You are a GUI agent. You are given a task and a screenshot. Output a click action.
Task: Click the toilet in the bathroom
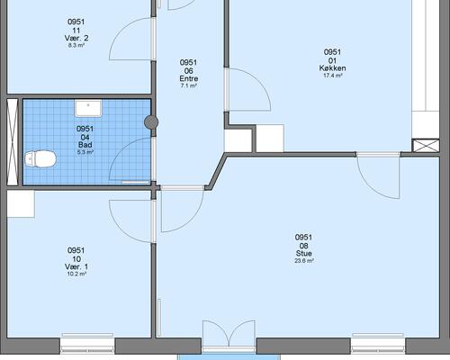(x=40, y=159)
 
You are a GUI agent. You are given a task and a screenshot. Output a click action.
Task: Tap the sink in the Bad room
(x=88, y=108)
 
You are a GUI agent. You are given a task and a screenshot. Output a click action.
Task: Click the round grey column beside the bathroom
(x=151, y=122)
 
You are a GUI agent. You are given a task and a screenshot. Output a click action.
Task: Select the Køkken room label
(x=332, y=68)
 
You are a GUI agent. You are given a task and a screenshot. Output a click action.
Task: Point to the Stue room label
(x=304, y=254)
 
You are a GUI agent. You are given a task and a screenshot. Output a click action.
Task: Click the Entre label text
(x=189, y=78)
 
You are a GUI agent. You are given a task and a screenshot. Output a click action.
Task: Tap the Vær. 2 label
(x=76, y=38)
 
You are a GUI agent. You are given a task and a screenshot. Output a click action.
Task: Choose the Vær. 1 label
(x=76, y=266)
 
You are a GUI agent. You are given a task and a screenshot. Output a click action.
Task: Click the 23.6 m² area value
(x=304, y=261)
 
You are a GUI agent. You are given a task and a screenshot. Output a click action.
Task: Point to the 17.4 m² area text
(x=332, y=76)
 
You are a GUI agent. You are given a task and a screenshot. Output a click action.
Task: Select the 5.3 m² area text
(x=85, y=152)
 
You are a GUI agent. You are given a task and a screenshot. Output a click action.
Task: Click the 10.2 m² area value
(x=76, y=274)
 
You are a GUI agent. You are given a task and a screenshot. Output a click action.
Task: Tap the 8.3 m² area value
(x=76, y=46)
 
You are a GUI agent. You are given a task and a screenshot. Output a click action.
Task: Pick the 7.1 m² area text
(x=189, y=86)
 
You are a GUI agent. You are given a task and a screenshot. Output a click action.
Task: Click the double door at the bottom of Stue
(x=229, y=334)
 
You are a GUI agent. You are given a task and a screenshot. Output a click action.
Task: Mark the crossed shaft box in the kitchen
(x=426, y=146)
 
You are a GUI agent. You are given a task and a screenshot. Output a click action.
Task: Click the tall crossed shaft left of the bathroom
(x=13, y=142)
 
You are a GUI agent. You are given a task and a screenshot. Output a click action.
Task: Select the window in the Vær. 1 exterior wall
(x=87, y=345)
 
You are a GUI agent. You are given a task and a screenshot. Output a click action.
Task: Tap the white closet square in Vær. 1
(x=21, y=204)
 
